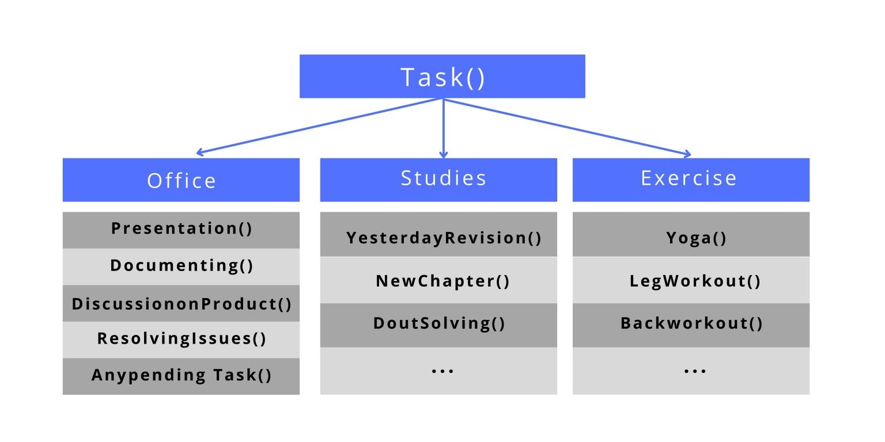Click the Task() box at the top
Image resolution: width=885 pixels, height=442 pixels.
point(442,77)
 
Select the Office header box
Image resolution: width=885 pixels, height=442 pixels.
point(181,180)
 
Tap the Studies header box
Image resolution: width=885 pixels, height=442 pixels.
point(438,179)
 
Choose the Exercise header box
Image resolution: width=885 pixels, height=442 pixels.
point(691,179)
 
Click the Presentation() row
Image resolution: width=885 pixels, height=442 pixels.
point(181,230)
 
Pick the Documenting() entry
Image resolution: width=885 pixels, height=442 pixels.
point(181,266)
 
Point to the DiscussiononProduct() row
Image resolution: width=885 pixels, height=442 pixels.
point(181,303)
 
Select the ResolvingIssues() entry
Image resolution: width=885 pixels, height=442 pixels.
point(181,339)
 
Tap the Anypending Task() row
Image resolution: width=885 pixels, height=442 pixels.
point(181,376)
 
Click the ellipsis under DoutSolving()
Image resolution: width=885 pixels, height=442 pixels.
point(442,371)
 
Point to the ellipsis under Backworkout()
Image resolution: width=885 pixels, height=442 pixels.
point(694,371)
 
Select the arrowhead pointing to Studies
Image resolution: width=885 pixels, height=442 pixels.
point(443,154)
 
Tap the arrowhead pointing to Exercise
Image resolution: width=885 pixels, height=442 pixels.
point(687,154)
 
